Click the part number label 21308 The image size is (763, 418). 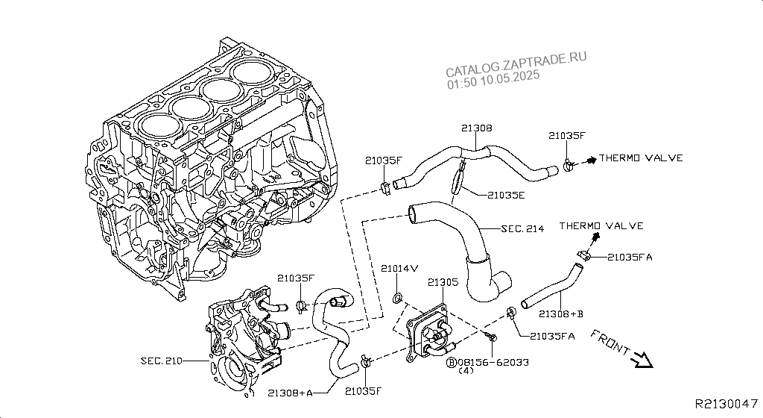476,128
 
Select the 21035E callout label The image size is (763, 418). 507,194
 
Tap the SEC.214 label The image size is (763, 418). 522,228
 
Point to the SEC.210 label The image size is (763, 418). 162,361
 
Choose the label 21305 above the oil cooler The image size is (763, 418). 444,282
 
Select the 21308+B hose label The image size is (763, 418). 561,313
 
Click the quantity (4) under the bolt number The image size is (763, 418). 466,370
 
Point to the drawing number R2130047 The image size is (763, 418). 726,404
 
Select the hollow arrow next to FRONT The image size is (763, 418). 641,361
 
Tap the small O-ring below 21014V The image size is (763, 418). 398,299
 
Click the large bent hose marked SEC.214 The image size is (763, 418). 469,246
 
